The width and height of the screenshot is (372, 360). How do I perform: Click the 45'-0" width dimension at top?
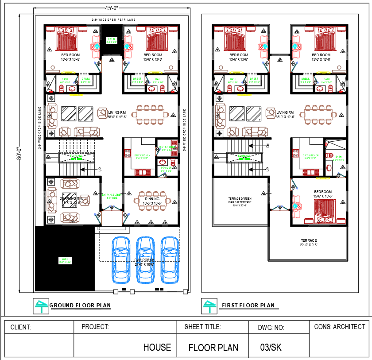tap(112, 8)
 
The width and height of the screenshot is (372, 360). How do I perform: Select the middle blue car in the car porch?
tap(146, 260)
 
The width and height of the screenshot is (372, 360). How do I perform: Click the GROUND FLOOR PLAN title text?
tap(80, 306)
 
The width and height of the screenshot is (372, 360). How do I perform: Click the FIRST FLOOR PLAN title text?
tap(248, 306)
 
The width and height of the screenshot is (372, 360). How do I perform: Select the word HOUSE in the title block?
tap(157, 347)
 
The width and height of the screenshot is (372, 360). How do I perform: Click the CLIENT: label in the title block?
tap(20, 327)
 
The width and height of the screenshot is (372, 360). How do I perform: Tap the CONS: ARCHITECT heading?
tap(340, 326)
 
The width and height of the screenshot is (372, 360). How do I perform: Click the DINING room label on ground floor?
tap(152, 199)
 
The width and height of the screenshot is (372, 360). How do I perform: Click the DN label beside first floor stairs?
tap(267, 145)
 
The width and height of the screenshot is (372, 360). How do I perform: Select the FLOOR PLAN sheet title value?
tap(213, 348)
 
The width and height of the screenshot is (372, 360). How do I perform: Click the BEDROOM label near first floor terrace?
tap(323, 192)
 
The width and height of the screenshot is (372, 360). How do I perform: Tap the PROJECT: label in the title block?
tap(95, 327)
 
